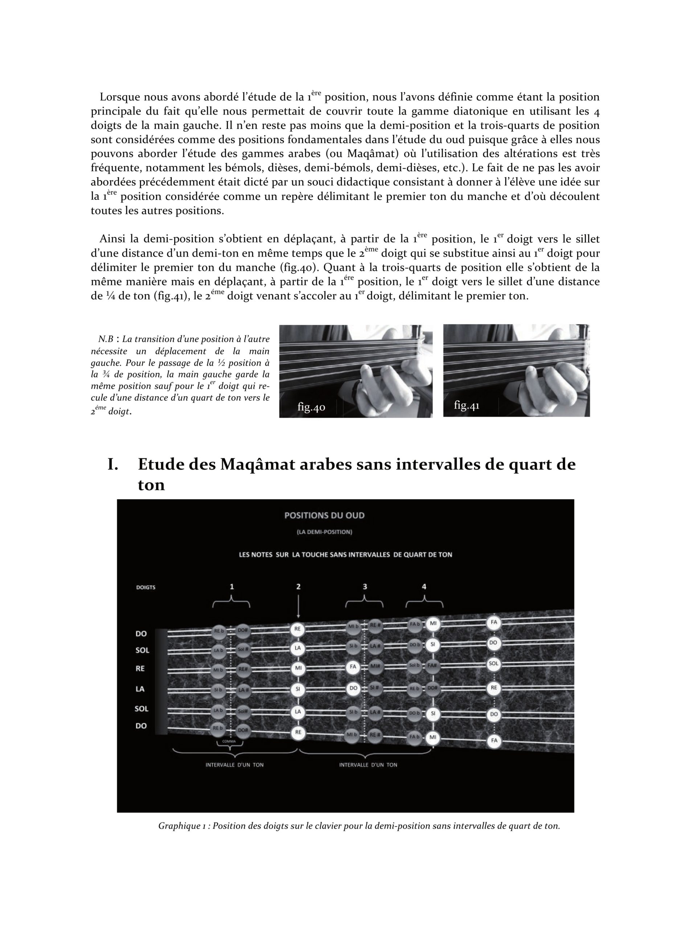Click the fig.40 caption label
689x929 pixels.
(311, 407)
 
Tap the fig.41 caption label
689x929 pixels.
(467, 405)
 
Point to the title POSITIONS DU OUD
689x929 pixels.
(324, 515)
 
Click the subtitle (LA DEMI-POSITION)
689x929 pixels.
(324, 532)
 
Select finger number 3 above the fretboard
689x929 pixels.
(365, 586)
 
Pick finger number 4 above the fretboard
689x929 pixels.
(424, 586)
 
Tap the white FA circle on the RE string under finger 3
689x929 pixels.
(353, 667)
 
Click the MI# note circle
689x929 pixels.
(375, 667)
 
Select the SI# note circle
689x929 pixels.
(374, 688)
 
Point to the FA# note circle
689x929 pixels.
(432, 665)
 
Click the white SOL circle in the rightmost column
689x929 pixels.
(493, 663)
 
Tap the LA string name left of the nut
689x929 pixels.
(140, 689)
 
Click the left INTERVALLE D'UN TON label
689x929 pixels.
(234, 765)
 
